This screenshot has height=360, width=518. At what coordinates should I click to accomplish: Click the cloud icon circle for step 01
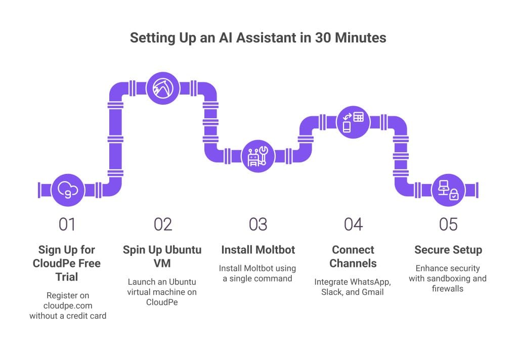pos(68,190)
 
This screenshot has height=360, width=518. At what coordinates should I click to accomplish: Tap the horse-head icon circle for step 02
pos(163,88)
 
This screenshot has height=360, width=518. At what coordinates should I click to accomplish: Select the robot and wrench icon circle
pos(258,156)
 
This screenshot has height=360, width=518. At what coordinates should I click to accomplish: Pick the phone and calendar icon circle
pos(353,122)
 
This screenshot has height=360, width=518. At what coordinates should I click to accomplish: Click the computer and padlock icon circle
pos(448,190)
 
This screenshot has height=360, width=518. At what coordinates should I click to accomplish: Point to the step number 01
pos(67,224)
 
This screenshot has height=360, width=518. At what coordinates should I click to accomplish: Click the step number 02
pos(163,224)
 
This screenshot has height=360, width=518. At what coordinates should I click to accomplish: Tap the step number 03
pos(258,224)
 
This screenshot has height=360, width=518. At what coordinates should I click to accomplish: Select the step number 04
pos(353,224)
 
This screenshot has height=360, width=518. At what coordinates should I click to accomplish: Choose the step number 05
pos(448,224)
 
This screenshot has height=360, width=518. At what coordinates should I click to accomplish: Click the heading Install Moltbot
pos(258,250)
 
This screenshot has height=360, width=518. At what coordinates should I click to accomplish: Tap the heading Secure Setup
pos(448,250)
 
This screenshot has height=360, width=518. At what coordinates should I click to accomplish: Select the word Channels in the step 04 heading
pos(353,263)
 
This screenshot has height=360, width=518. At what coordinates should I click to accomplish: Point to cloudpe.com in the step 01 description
pos(68,306)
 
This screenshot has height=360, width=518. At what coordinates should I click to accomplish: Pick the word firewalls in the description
pos(448,289)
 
